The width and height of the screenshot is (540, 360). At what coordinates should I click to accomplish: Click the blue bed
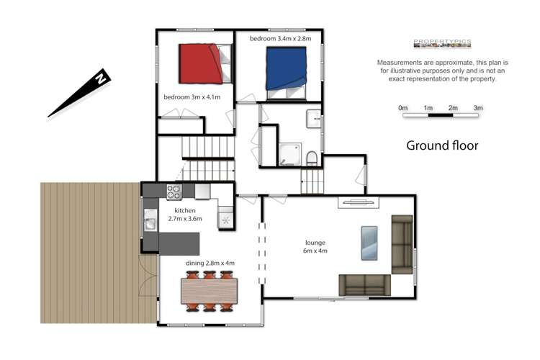coord(287,69)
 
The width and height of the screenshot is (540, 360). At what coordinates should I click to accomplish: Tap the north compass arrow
coord(78,93)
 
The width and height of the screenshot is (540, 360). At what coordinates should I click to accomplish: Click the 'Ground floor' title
coord(442,145)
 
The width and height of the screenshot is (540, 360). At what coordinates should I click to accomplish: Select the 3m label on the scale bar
coord(477,108)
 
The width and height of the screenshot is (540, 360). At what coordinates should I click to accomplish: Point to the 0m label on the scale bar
coord(403,108)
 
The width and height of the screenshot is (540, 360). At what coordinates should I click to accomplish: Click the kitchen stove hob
coord(174,192)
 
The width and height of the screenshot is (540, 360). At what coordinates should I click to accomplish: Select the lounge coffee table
coord(368,243)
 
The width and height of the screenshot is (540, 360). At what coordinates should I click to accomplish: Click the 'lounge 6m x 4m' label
coord(315,247)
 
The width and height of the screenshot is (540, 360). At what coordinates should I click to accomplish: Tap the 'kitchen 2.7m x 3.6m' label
coord(184,214)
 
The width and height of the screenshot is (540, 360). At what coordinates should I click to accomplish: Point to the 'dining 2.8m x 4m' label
coord(210,264)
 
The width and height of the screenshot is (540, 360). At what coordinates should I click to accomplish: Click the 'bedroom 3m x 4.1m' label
coord(191,97)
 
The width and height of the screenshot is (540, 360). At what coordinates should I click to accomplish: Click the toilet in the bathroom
coord(311,157)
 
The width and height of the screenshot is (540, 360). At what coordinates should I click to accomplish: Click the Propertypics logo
coord(442,43)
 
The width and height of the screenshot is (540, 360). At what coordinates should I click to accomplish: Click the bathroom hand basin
coord(314,120)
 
